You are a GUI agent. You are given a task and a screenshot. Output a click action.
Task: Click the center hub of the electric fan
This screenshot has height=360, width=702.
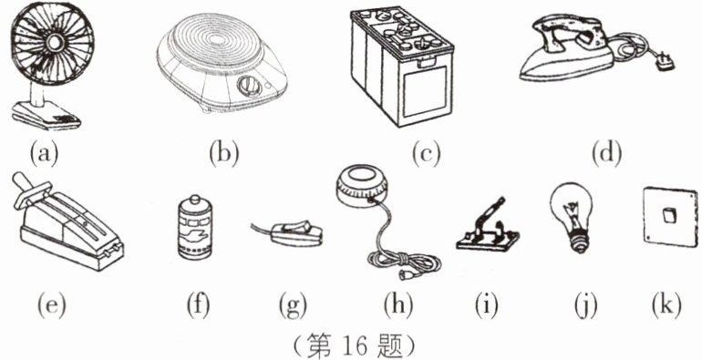(54, 43)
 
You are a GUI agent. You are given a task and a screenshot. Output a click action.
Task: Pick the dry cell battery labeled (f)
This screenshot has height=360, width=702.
(195, 228)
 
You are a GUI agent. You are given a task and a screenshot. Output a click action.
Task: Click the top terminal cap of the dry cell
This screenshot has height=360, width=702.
(195, 201)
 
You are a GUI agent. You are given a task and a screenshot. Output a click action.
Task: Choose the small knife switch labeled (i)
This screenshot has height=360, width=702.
(488, 229)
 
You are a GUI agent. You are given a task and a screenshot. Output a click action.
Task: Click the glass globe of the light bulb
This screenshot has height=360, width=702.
(571, 208)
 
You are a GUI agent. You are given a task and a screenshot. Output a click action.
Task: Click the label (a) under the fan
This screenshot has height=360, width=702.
(44, 154)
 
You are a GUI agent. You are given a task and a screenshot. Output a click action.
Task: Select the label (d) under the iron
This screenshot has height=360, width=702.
(606, 154)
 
